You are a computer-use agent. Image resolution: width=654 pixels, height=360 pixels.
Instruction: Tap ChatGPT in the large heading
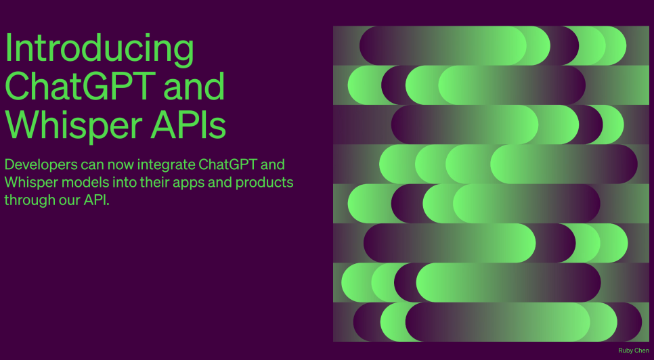[80, 86]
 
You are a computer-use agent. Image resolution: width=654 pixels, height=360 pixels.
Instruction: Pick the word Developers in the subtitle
[41, 165]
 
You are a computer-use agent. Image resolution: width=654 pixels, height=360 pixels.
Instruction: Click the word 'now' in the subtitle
[121, 165]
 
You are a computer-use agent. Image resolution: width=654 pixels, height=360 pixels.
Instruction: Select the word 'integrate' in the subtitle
[167, 165]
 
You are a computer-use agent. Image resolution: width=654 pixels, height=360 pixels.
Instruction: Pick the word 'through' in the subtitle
[27, 200]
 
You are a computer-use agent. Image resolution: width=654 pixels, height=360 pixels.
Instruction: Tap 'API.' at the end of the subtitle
[96, 200]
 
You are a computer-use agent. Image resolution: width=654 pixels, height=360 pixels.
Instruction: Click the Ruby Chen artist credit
[634, 351]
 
